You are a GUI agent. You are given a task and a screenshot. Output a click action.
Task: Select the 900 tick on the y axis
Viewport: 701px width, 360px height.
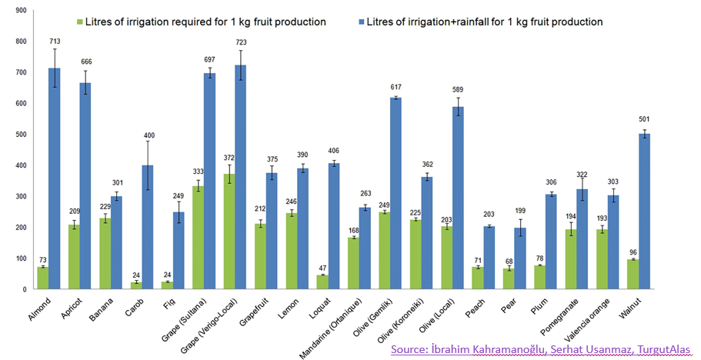point(20,10)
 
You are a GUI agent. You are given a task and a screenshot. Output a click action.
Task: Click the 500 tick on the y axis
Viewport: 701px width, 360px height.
point(20,135)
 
